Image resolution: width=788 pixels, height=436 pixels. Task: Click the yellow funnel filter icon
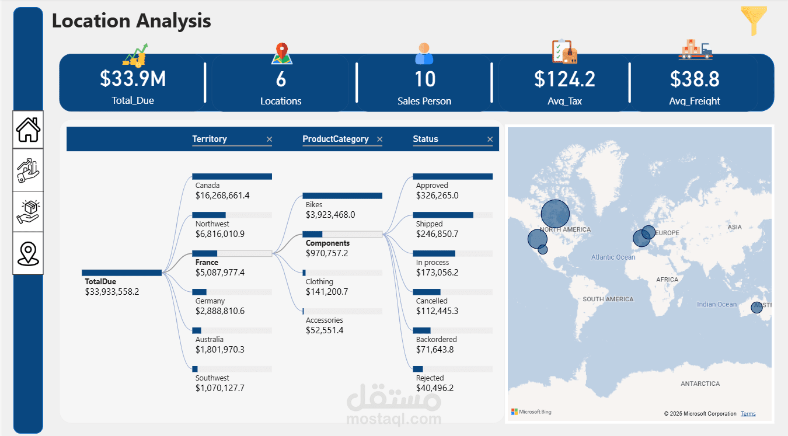(x=754, y=21)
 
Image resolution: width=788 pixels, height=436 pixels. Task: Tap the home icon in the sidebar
(x=28, y=130)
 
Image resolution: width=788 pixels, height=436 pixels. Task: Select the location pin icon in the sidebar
(x=28, y=253)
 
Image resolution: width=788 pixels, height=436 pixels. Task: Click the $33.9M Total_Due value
(x=133, y=79)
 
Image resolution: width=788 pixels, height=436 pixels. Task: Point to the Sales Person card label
(x=424, y=101)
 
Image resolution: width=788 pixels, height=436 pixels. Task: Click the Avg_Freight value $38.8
(x=695, y=79)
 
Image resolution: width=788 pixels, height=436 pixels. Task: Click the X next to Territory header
(x=269, y=139)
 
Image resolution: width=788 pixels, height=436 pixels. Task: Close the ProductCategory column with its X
(x=379, y=139)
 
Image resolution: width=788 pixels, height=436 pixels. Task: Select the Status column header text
(x=426, y=139)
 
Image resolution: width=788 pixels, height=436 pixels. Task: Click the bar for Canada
(x=232, y=176)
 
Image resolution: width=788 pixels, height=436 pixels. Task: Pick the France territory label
(x=207, y=263)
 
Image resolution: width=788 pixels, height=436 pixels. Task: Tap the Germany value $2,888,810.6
(x=220, y=311)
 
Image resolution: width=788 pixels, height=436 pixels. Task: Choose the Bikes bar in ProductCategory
(x=342, y=196)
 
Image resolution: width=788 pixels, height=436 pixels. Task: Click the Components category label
(x=327, y=243)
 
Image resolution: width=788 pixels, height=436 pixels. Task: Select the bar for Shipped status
(x=443, y=215)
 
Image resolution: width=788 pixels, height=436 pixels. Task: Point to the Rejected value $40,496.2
(x=435, y=388)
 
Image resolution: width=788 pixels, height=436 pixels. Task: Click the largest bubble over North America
(x=555, y=214)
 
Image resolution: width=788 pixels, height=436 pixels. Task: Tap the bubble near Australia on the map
(x=757, y=307)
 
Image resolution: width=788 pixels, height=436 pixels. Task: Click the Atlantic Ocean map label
(x=613, y=257)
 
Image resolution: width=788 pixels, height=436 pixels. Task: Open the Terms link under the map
(x=748, y=414)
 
